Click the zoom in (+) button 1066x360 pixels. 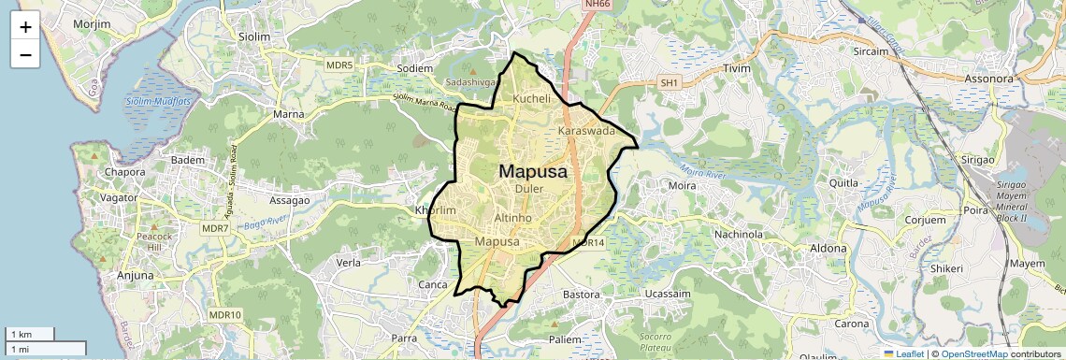[25, 27]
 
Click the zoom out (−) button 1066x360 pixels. [25, 54]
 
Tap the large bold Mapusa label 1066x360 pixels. [532, 171]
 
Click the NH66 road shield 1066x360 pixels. [596, 5]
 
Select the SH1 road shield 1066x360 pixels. [668, 83]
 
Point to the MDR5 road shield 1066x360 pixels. [339, 65]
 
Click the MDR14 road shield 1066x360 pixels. [589, 242]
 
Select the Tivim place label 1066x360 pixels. [743, 68]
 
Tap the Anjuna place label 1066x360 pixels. [135, 276]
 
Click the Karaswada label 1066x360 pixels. [586, 131]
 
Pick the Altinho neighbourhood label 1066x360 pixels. [512, 217]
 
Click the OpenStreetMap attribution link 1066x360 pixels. [973, 353]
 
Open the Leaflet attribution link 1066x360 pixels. [903, 353]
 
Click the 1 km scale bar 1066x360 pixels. [30, 334]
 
